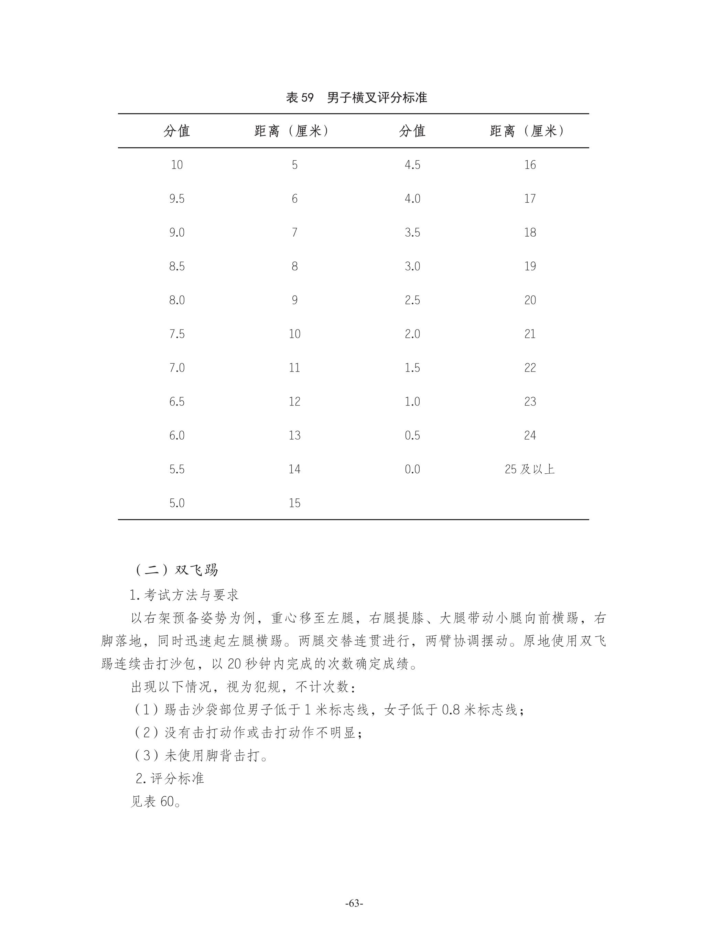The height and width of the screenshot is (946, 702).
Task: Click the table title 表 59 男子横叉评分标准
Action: [x=356, y=98]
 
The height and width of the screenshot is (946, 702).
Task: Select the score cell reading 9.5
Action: [x=177, y=199]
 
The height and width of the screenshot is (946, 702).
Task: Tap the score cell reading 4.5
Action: [x=412, y=165]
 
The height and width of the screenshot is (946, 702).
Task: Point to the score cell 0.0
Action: [x=412, y=469]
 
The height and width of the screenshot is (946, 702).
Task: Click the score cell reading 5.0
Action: [x=177, y=503]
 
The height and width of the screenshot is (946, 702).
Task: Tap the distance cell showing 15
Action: [x=294, y=503]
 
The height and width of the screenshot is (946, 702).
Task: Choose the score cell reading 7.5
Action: [x=177, y=334]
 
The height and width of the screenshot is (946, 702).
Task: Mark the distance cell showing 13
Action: [x=294, y=436]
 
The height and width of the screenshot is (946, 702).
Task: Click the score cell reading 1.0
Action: [x=412, y=401]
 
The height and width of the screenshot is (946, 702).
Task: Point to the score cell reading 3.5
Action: [x=412, y=233]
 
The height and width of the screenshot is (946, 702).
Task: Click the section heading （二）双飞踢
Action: [x=176, y=570]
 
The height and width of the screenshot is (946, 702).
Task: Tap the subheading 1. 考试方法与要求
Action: [x=184, y=595]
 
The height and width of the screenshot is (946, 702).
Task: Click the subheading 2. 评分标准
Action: [x=170, y=778]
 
